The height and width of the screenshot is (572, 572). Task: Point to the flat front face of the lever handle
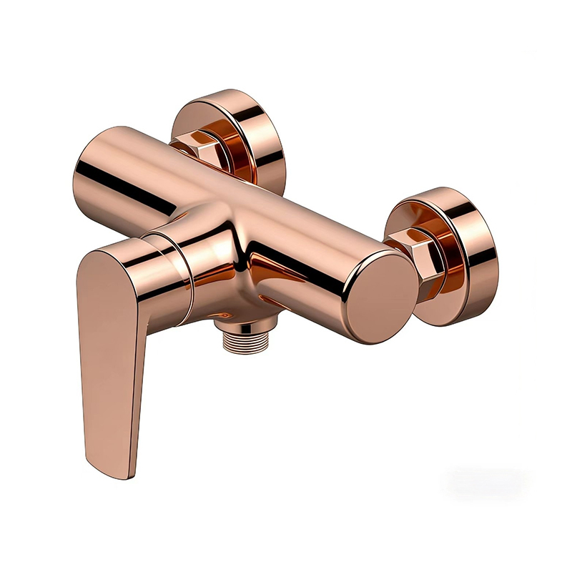[107, 343]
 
